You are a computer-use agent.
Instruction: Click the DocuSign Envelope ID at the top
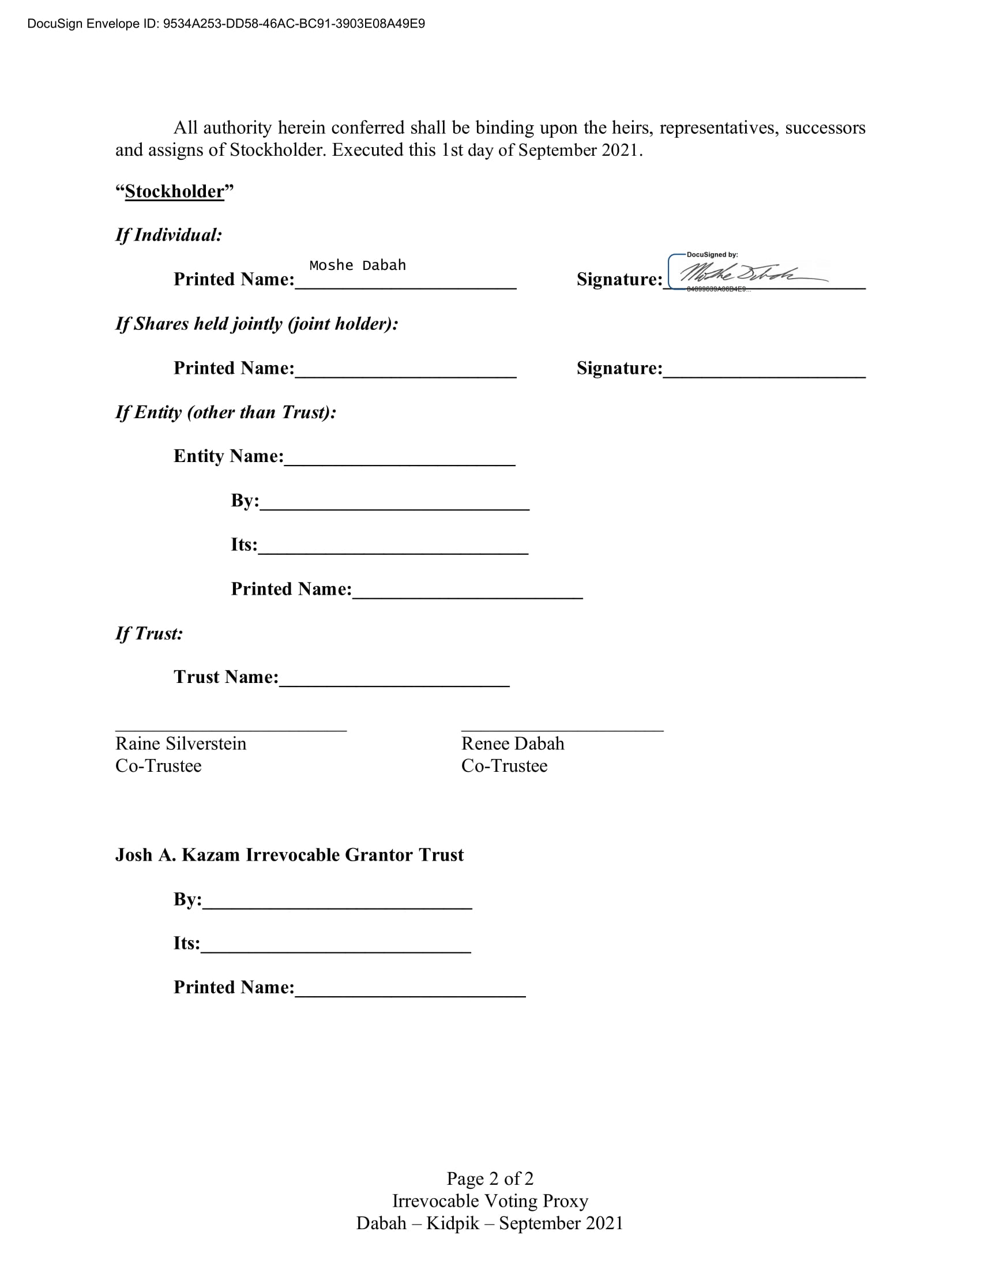(x=226, y=24)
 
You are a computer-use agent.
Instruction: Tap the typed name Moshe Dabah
(x=357, y=265)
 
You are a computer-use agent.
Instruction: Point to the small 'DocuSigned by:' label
(x=712, y=254)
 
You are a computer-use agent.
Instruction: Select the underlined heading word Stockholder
(x=174, y=192)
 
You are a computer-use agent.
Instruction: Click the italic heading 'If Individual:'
(x=168, y=235)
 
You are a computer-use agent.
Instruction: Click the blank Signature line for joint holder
(x=764, y=375)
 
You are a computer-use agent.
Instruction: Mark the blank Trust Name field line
(x=394, y=684)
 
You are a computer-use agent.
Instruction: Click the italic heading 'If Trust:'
(x=149, y=634)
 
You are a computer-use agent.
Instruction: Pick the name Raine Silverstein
(x=181, y=744)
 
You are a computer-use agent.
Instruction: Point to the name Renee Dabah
(x=512, y=744)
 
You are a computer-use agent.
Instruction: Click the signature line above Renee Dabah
(x=562, y=729)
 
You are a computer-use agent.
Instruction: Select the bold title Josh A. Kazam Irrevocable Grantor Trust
(x=290, y=855)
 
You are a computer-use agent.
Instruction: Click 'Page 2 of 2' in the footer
(x=490, y=1178)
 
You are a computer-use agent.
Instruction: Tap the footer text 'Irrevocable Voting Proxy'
(x=490, y=1201)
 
